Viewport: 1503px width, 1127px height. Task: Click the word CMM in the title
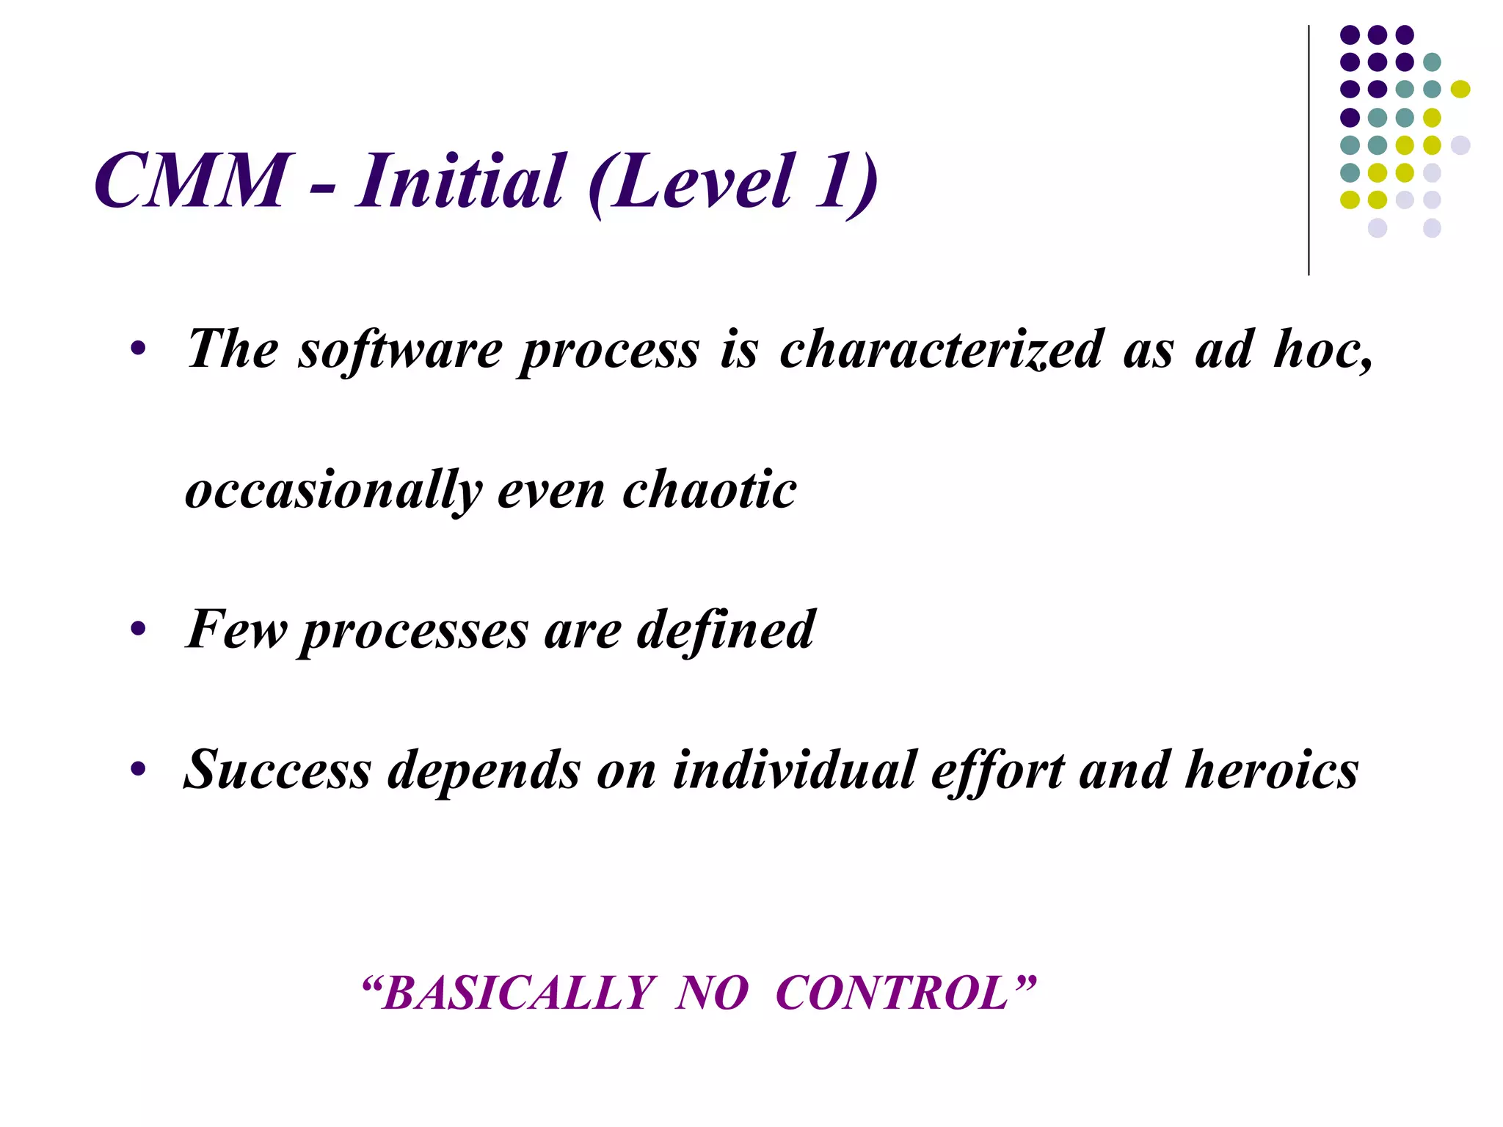pos(193,180)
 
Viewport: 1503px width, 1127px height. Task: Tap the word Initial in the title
pos(460,180)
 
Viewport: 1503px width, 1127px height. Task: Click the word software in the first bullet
pos(400,349)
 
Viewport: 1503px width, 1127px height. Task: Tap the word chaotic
pos(709,490)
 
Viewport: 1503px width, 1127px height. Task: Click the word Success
pos(277,770)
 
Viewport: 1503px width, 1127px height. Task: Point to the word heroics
pos(1271,770)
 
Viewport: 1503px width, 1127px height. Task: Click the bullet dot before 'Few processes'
pos(138,630)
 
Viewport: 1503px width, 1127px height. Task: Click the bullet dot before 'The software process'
pos(138,349)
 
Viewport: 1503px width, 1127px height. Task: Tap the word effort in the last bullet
pos(998,770)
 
